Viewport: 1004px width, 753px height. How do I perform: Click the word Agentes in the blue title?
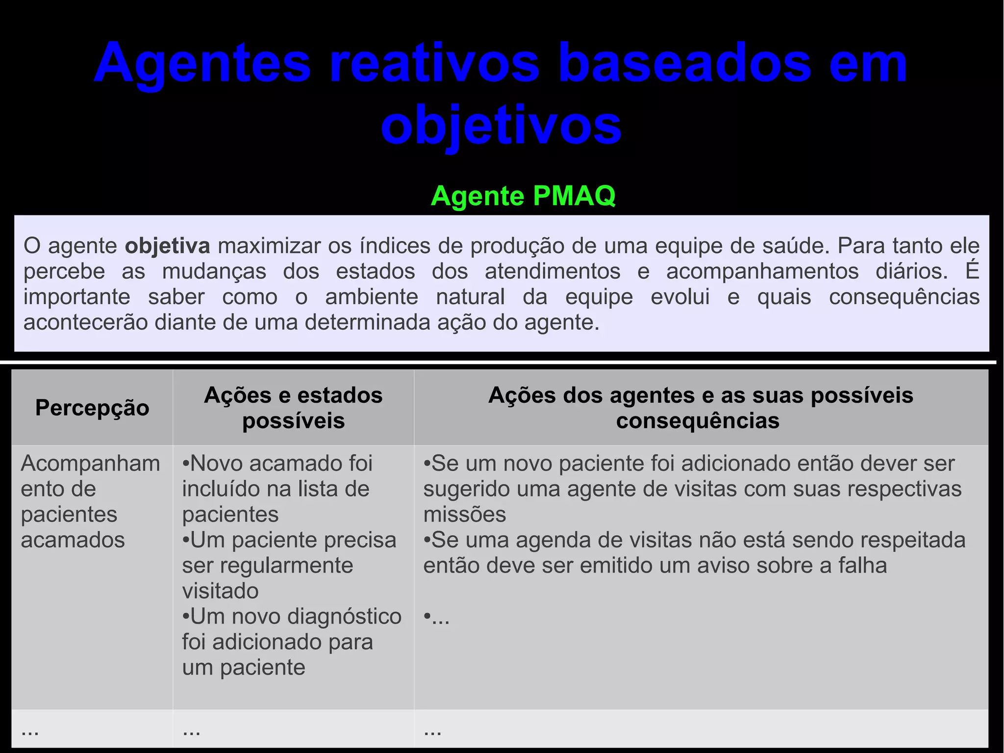tap(202, 64)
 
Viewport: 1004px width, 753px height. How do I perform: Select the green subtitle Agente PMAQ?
tap(523, 196)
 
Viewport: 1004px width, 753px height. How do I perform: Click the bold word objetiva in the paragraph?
tap(167, 246)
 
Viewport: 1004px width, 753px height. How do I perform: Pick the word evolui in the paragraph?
tap(680, 297)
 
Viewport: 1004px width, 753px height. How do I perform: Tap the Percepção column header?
tap(92, 408)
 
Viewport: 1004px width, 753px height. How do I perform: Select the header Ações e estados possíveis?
tap(293, 408)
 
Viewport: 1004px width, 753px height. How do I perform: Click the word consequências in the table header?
tap(698, 421)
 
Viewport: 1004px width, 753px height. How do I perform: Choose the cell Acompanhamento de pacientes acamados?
tap(90, 501)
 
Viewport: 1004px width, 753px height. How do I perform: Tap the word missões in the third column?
tap(464, 515)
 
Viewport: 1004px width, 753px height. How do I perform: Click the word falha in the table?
tap(862, 566)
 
